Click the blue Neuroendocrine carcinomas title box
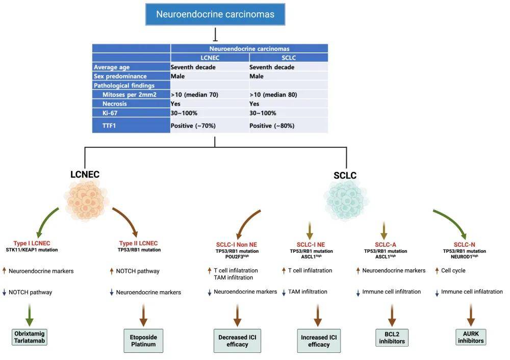coord(215,14)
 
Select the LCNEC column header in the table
coord(210,58)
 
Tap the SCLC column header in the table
coord(289,58)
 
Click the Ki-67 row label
coord(110,113)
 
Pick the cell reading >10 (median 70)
coord(194,95)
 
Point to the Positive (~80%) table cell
coord(272,125)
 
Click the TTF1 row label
coord(109,125)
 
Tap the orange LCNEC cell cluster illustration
coord(86,200)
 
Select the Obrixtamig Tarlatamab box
coord(29,337)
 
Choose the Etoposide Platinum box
coord(143,341)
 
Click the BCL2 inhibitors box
coord(392,338)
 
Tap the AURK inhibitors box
coord(471,337)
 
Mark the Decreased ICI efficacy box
coord(237,341)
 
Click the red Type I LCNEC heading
coord(32,243)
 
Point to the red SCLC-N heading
coord(464,245)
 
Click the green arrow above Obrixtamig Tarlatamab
coord(30,315)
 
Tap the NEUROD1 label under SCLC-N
coord(464,256)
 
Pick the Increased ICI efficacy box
coord(319,341)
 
